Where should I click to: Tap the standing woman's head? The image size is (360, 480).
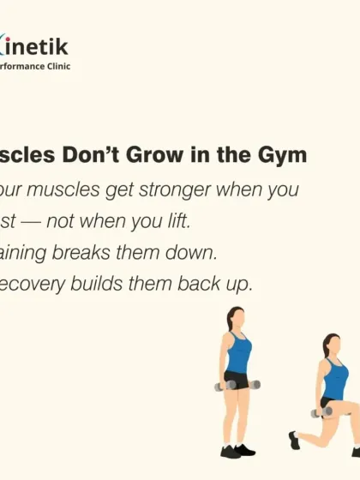pos(235,320)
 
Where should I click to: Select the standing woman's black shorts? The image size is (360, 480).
pos(237,379)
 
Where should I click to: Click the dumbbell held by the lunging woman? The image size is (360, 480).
pos(322,412)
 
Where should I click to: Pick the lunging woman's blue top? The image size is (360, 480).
pos(336,380)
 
